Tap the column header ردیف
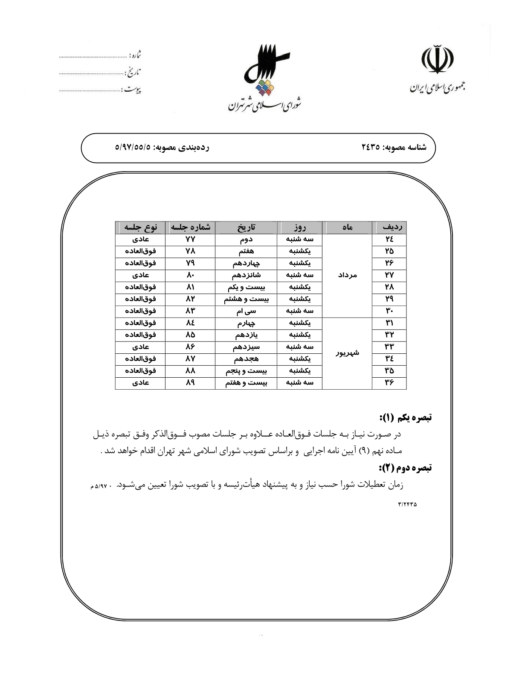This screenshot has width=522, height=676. click(x=389, y=227)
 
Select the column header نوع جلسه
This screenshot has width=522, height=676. click(x=140, y=227)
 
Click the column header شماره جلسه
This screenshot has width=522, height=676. click(x=190, y=227)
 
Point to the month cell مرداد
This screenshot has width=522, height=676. click(x=347, y=275)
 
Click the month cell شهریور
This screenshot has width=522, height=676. click(x=347, y=353)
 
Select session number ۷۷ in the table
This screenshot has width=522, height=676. click(x=190, y=239)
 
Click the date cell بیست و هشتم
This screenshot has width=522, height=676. click(x=246, y=299)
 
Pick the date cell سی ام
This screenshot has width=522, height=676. click(x=246, y=311)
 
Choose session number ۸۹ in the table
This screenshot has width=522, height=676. click(x=190, y=383)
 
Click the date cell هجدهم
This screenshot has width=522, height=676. click(x=246, y=359)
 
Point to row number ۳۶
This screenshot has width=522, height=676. click(x=389, y=383)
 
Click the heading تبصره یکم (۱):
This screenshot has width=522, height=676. click(x=405, y=417)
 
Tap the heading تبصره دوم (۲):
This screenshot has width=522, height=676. click(x=405, y=468)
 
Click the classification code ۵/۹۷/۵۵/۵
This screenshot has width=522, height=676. click(x=133, y=148)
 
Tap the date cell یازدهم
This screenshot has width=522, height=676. click(x=246, y=335)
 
